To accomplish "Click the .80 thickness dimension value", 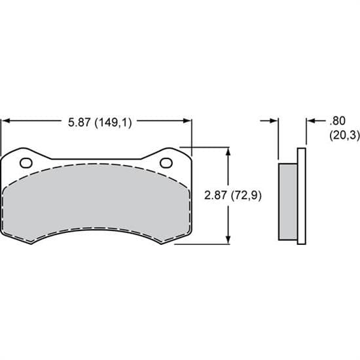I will pyautogui.click(x=338, y=121).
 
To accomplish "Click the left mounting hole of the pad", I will pyautogui.click(x=26, y=162).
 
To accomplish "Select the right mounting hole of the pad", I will pyautogui.click(x=166, y=162).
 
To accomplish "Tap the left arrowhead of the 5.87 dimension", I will pyautogui.click(x=7, y=121).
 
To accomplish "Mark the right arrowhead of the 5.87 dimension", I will pyautogui.click(x=188, y=121).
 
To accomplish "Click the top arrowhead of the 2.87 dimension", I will pyautogui.click(x=228, y=150).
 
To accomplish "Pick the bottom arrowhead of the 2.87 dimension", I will pyautogui.click(x=228, y=240).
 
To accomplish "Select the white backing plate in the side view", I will pyautogui.click(x=302, y=196).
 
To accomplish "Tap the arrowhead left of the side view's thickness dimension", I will pyautogui.click(x=275, y=121).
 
